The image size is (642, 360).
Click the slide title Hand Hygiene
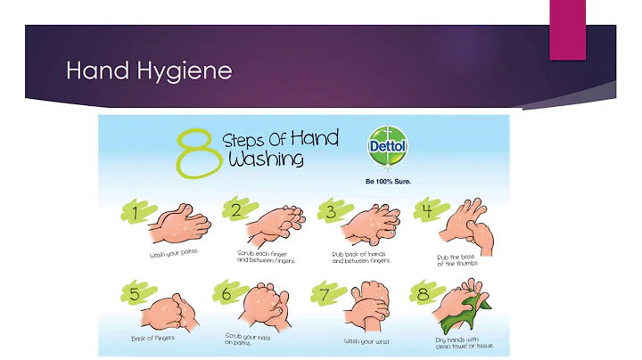(149, 70)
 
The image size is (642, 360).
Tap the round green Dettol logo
(387, 146)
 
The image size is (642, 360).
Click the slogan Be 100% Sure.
(388, 181)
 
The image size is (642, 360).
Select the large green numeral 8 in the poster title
(200, 153)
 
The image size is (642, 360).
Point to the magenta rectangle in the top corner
(567, 30)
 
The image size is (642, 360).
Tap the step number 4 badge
(429, 210)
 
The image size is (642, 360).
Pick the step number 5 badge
(137, 293)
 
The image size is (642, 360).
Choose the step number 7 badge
(326, 293)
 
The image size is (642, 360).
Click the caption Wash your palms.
(174, 253)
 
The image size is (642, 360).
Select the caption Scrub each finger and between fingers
(266, 257)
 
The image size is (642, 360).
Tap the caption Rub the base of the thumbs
(457, 260)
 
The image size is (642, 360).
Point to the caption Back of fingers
(152, 339)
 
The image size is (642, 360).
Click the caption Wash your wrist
(366, 341)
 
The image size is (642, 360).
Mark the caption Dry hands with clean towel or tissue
(465, 343)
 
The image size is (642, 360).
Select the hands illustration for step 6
(267, 305)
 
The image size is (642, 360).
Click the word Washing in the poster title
(266, 160)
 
